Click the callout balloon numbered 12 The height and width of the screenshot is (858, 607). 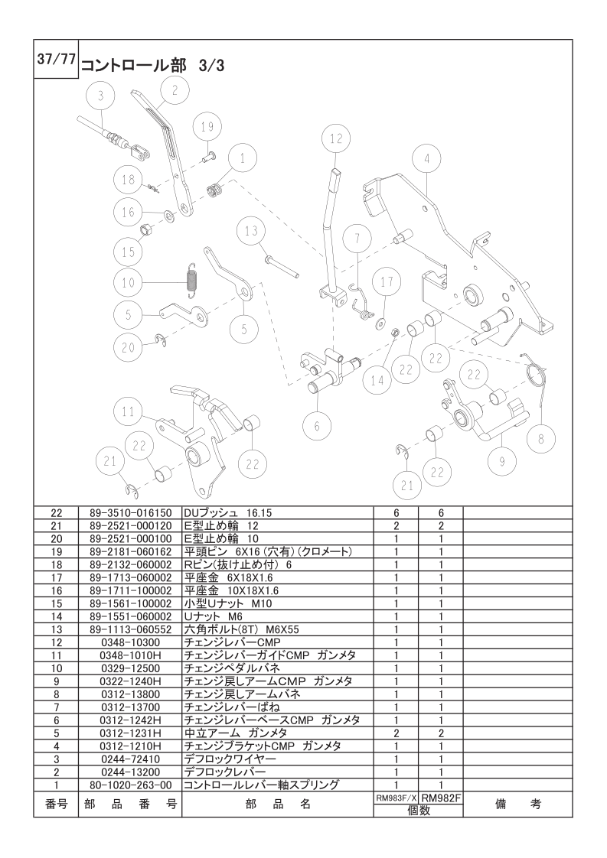336,139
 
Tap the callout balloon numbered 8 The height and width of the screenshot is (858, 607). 542,439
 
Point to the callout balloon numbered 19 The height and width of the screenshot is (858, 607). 207,128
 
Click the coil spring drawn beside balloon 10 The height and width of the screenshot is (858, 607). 191,281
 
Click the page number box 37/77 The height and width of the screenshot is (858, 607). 56,59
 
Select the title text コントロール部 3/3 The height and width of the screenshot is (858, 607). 153,66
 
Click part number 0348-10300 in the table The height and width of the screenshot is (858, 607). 130,642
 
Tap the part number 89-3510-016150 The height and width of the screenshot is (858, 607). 130,513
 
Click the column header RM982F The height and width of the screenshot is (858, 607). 440,799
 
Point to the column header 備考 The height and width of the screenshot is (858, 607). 517,804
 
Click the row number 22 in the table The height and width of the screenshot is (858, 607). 57,513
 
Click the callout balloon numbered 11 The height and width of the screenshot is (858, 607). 128,412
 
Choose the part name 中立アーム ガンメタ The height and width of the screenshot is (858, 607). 236,733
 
